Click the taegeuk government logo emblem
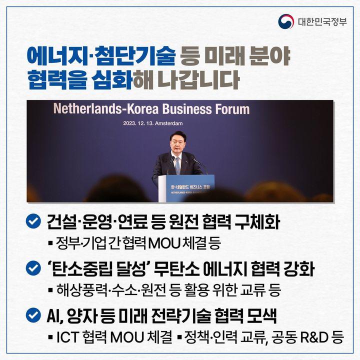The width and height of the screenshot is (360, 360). point(286,21)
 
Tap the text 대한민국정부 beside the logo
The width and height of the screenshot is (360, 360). point(322,22)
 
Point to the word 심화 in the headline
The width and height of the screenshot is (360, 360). point(112,79)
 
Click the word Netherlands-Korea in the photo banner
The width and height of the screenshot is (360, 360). point(106,109)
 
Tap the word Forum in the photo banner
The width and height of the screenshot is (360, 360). point(232,109)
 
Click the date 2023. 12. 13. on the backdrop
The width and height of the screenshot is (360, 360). point(138,123)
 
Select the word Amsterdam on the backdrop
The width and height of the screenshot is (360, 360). point(169,123)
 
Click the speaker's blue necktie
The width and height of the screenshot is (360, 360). point(177,165)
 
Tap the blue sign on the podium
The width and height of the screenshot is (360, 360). point(190,188)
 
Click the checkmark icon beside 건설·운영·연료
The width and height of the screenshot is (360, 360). point(33,221)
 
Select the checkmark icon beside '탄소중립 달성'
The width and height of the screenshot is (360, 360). point(33,268)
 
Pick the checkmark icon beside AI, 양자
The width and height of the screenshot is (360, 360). point(33,315)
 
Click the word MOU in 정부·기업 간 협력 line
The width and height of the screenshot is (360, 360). point(164,243)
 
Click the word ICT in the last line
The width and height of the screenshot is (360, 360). point(67,337)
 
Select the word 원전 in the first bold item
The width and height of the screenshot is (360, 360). point(182,222)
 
